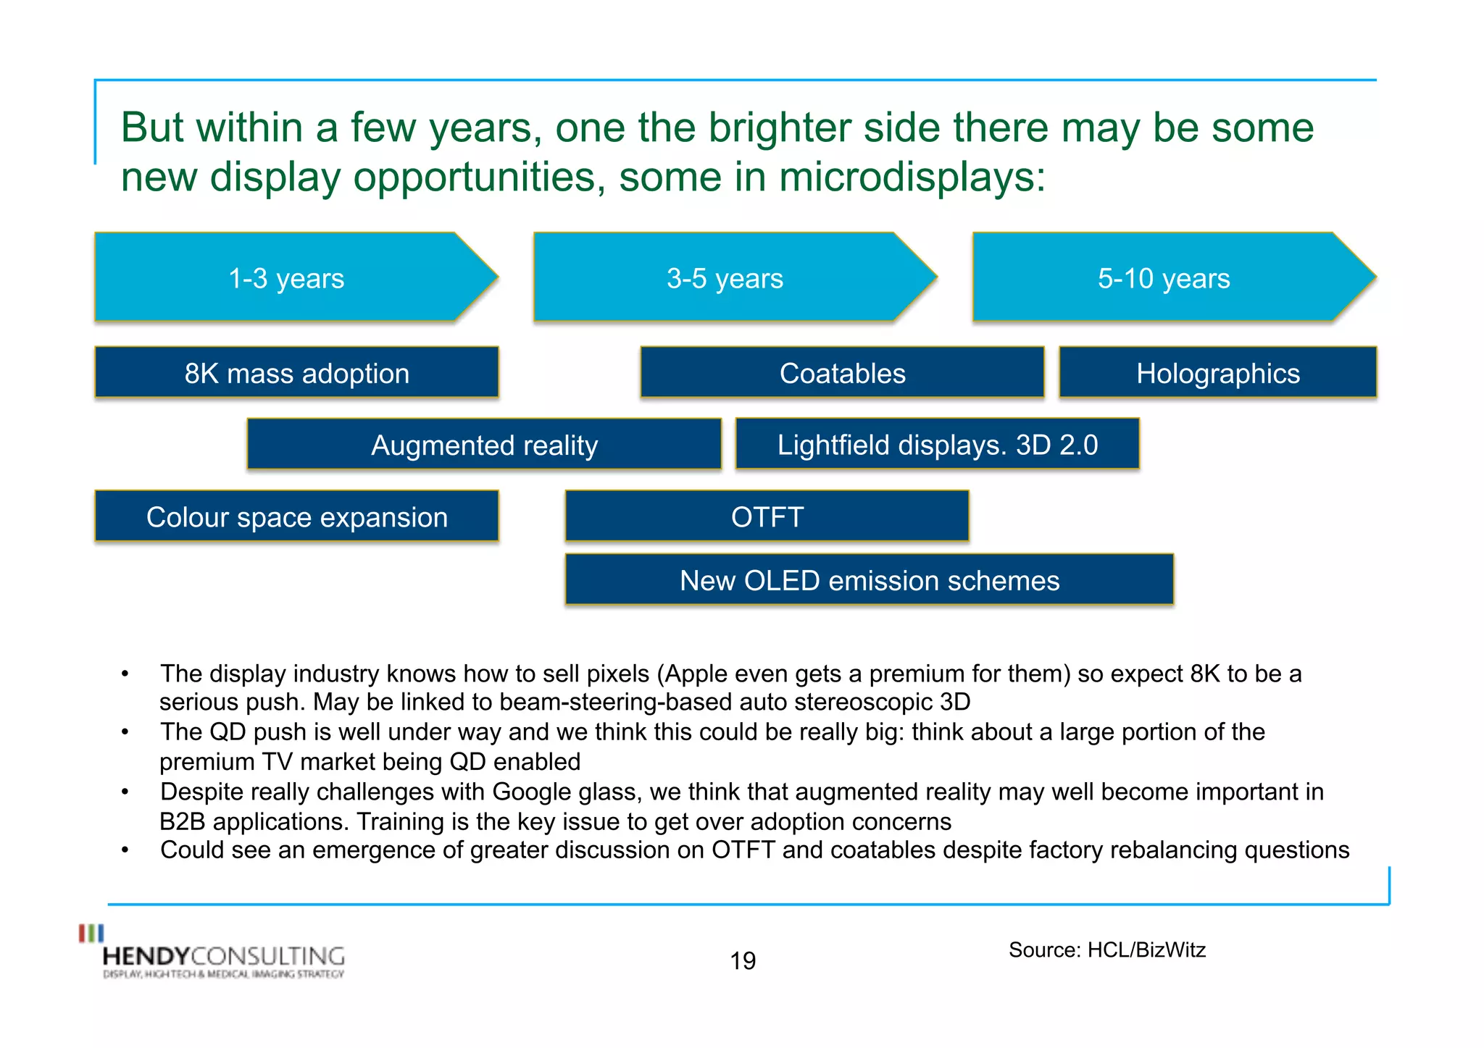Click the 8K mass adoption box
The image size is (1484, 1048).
pos(296,373)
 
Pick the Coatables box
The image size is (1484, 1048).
pos(842,373)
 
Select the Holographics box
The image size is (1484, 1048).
pos(1217,373)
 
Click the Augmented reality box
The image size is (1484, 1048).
pos(484,445)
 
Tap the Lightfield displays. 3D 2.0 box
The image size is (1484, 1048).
pos(937,444)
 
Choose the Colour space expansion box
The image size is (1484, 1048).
pos(296,516)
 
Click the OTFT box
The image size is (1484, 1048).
pos(767,516)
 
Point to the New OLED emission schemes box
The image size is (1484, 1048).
pos(869,580)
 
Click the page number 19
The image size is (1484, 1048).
pos(743,960)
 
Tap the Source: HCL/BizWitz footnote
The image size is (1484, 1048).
pos(1106,950)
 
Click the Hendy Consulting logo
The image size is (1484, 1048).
pos(217,956)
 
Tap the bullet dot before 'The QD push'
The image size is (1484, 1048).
pos(125,732)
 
